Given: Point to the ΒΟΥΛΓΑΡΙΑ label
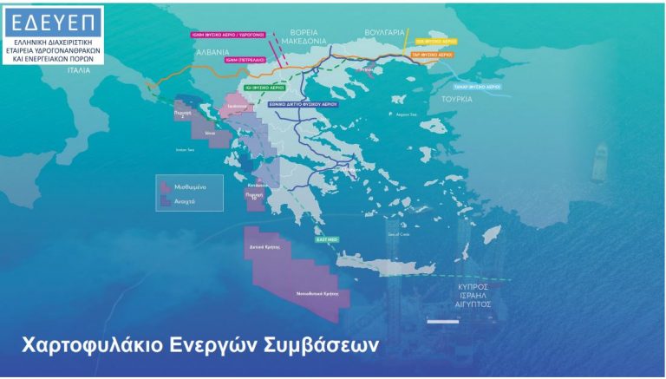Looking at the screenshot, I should click(385, 32).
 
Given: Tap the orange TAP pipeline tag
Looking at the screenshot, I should click(432, 54).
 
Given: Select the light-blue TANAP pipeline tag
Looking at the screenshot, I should click(477, 87).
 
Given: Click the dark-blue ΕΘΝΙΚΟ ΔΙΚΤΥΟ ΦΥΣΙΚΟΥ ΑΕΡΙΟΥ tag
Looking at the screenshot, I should click(301, 102).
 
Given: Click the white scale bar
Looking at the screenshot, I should click(441, 323).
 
